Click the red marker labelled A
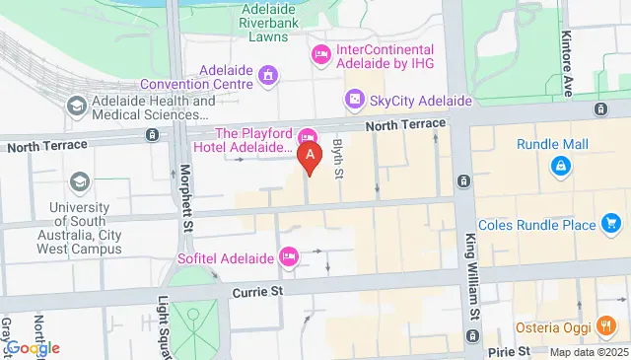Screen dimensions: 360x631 tap(312, 155)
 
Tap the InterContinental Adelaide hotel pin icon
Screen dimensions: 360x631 tap(320, 53)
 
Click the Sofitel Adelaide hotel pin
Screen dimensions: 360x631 tap(289, 255)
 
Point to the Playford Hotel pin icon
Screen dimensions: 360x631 tap(308, 135)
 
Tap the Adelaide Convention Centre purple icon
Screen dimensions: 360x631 tap(267, 74)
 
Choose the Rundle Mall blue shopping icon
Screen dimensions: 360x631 tap(561, 168)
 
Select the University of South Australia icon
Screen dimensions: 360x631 tap(78, 181)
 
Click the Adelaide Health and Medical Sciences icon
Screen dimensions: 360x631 tap(76, 105)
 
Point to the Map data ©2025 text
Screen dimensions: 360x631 tap(588, 352)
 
